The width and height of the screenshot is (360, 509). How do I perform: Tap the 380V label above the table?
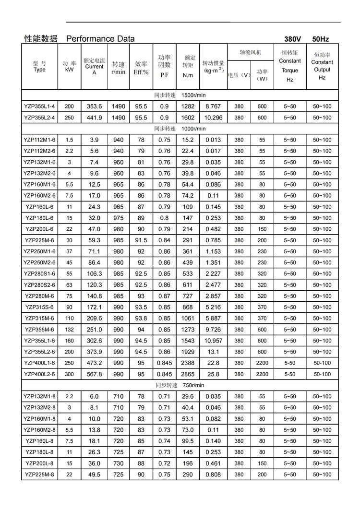pos(292,39)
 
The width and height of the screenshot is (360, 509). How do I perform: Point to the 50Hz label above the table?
pos(320,39)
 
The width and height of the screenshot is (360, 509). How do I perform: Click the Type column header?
pos(39,66)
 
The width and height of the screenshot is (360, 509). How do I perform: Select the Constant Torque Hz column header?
pos(289,66)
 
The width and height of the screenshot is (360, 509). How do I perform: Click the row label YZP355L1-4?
pos(39,106)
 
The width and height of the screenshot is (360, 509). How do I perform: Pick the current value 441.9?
pos(94,118)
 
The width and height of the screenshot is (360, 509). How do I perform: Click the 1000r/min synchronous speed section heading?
pos(180,129)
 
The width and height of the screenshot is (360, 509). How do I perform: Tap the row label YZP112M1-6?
pos(39,140)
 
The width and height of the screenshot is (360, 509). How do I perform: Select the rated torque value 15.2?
pos(188,140)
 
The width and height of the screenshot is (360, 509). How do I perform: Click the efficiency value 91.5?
pos(141,240)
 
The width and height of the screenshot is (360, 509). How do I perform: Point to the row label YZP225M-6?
pos(39,240)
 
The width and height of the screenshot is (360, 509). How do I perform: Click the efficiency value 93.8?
pos(141,319)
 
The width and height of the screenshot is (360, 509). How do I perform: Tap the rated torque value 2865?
pos(188,374)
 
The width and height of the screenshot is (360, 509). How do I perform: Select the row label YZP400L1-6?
pos(39,363)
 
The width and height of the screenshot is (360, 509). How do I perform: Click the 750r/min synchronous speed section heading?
pos(180,385)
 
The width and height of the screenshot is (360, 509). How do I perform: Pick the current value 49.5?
pos(94,474)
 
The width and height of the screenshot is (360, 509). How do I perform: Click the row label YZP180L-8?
pos(39,452)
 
